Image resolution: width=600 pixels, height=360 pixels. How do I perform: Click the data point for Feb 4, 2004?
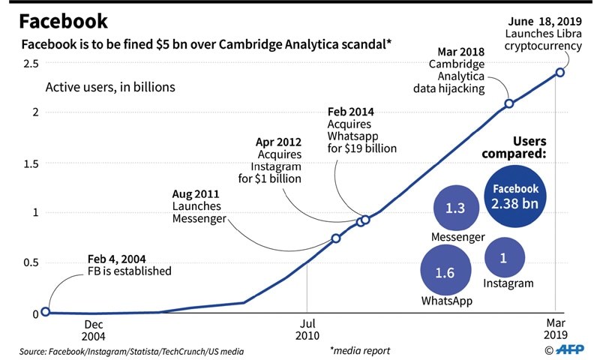(x=45, y=311)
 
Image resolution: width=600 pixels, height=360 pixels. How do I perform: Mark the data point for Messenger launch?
(x=336, y=238)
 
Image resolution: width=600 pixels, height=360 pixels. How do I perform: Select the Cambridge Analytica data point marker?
(x=508, y=103)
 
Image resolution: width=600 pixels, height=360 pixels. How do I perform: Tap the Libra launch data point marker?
(x=559, y=72)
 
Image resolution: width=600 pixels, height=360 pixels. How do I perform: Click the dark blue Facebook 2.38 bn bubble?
(x=514, y=196)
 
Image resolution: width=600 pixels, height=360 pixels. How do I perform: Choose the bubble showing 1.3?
(x=455, y=208)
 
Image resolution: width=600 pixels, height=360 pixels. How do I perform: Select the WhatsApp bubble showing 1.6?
(x=445, y=272)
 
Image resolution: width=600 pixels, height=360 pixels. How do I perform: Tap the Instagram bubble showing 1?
(x=504, y=257)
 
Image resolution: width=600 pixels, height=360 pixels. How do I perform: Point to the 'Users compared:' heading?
(x=518, y=148)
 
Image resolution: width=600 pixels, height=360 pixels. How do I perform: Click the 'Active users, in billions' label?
(x=110, y=87)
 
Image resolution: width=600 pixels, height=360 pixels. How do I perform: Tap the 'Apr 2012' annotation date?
(x=280, y=141)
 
